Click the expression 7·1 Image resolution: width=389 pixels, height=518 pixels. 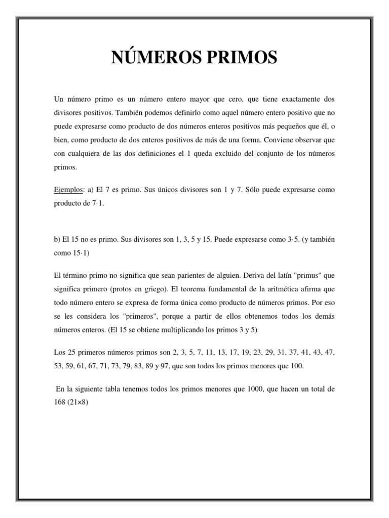tap(96, 202)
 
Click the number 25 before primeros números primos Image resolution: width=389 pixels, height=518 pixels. tap(68, 352)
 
